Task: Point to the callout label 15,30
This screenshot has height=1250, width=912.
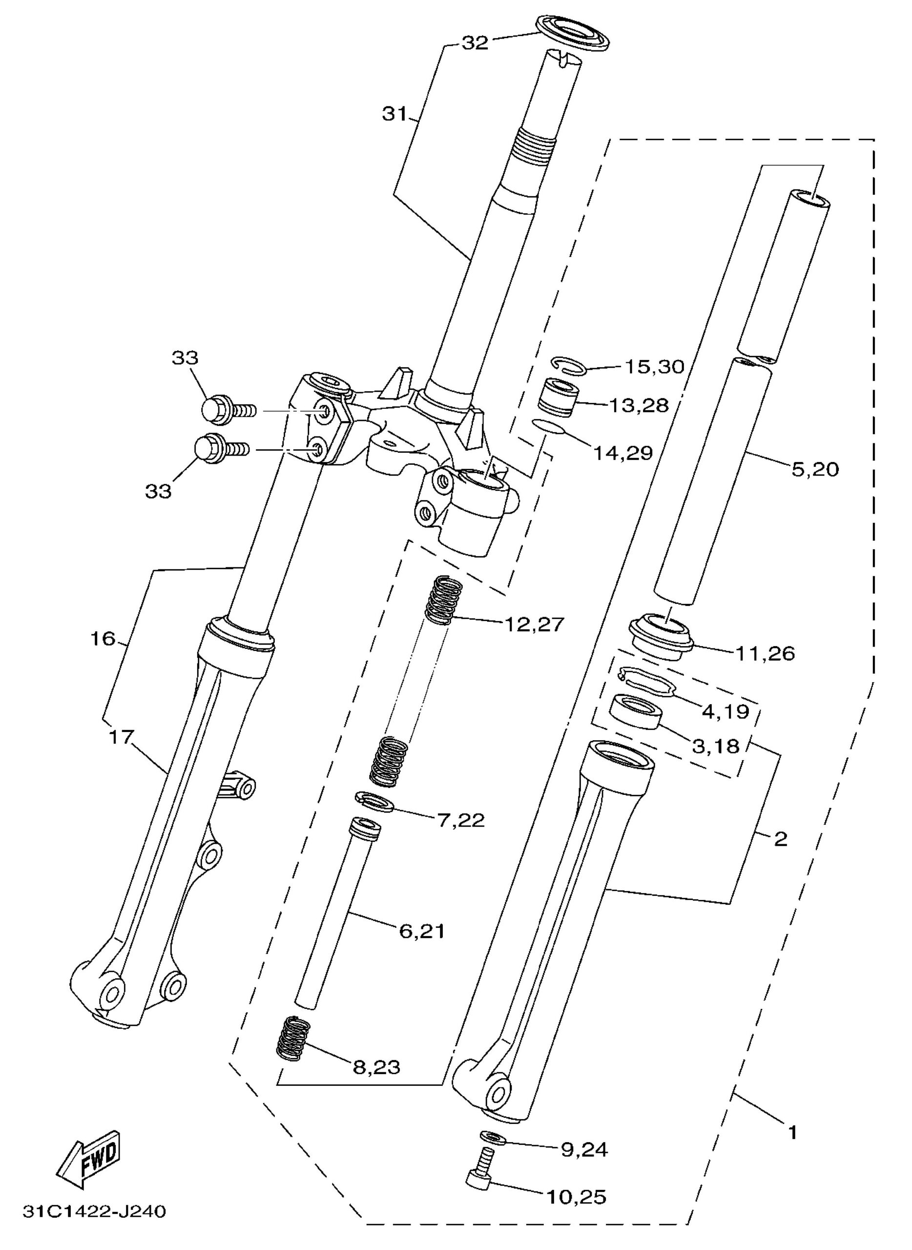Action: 654,367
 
